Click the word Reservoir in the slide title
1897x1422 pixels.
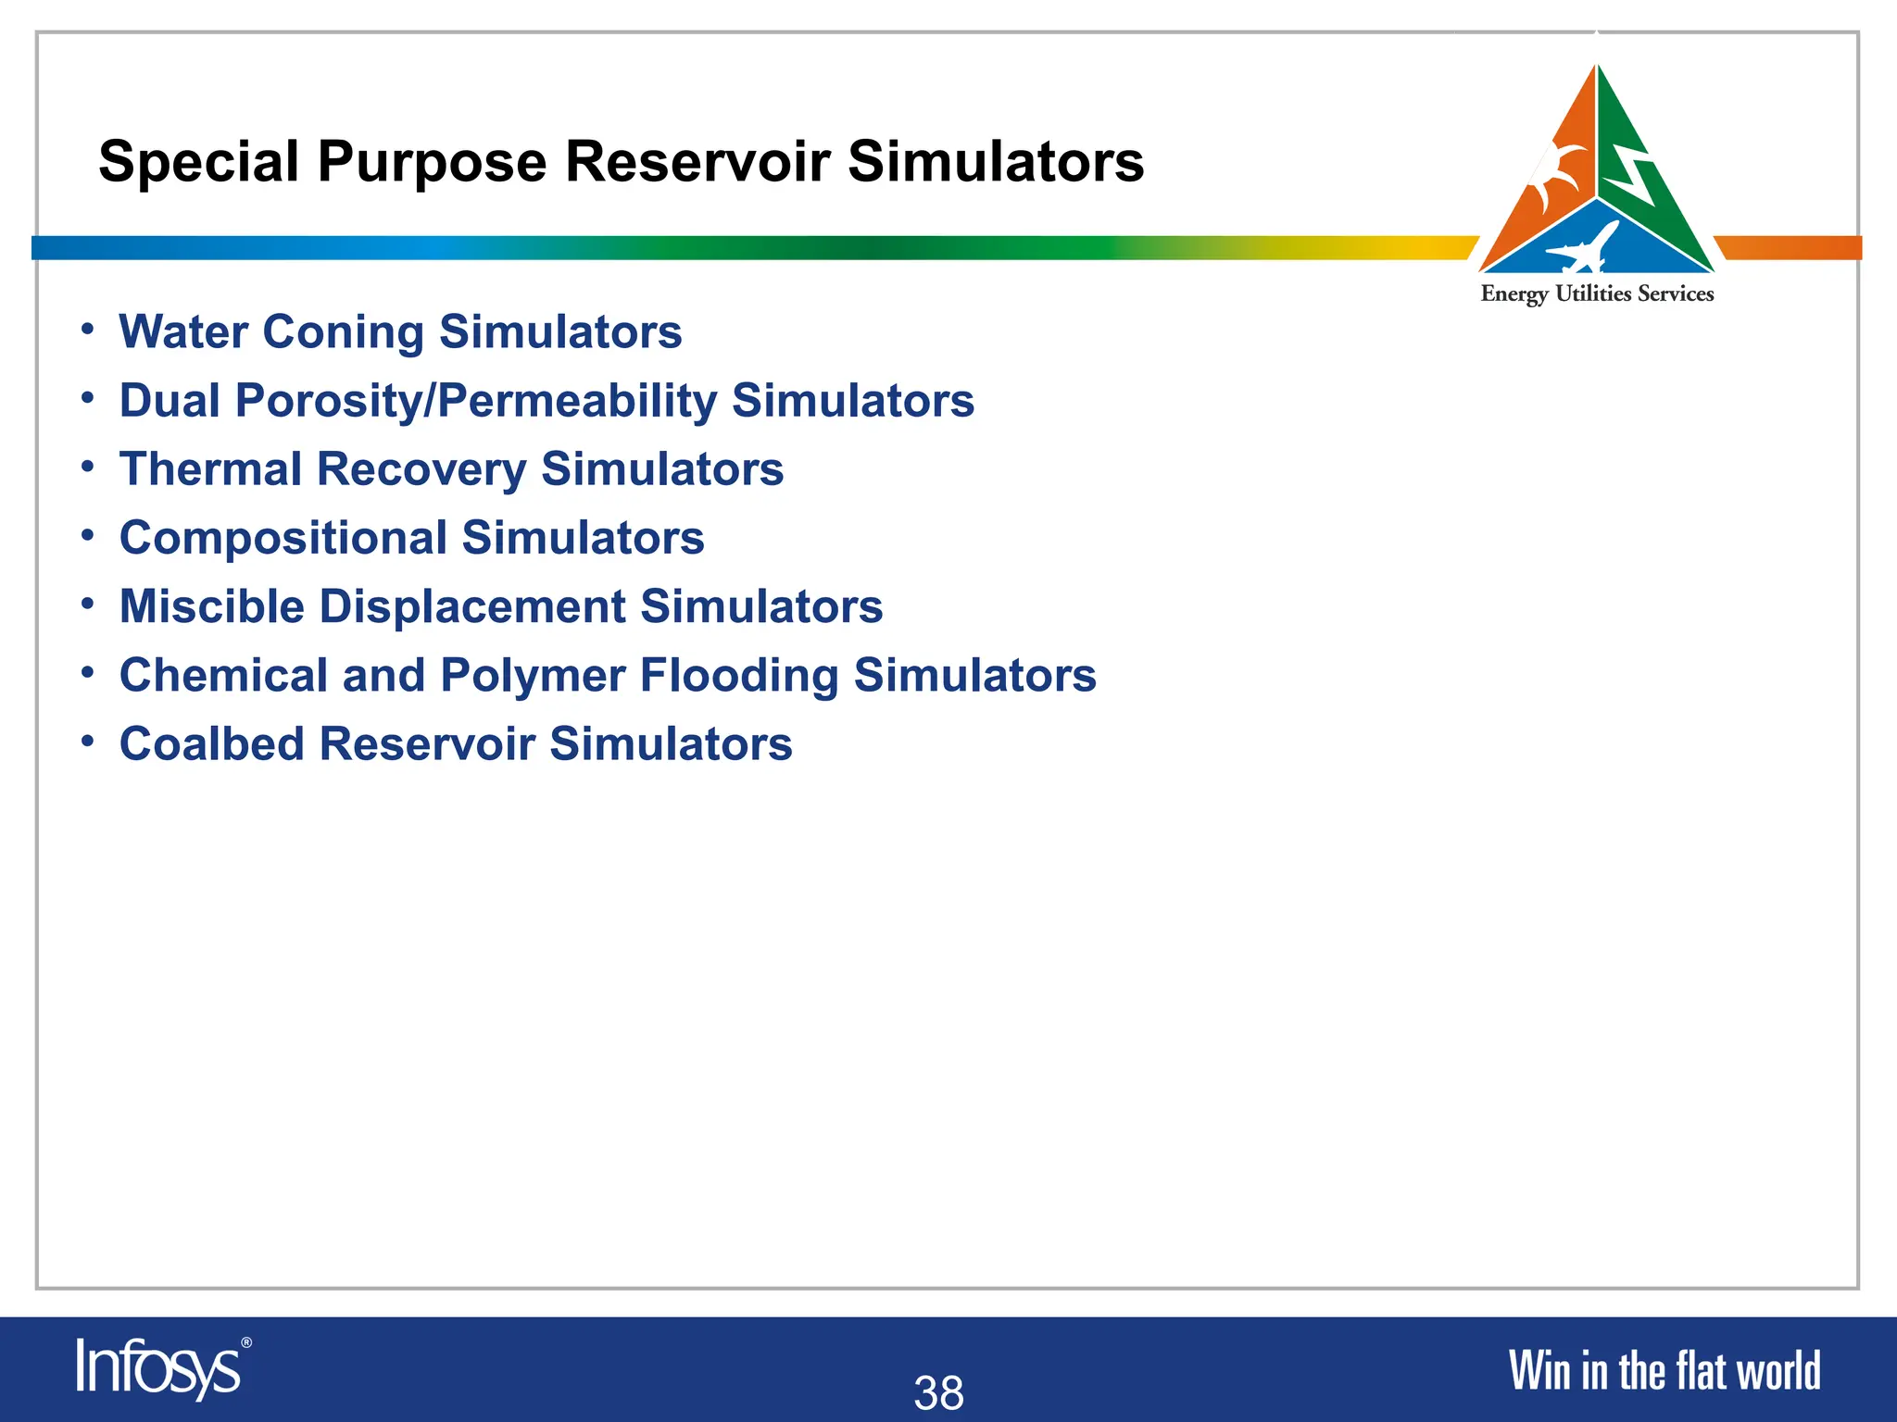point(697,162)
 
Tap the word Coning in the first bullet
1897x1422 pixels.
point(343,331)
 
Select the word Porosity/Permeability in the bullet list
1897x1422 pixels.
point(475,401)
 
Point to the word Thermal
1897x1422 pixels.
point(210,468)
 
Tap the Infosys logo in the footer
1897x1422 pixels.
point(157,1368)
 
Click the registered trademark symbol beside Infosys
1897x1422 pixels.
point(245,1342)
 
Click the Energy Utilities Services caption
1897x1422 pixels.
point(1597,294)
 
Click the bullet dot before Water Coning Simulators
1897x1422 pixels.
point(87,330)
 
